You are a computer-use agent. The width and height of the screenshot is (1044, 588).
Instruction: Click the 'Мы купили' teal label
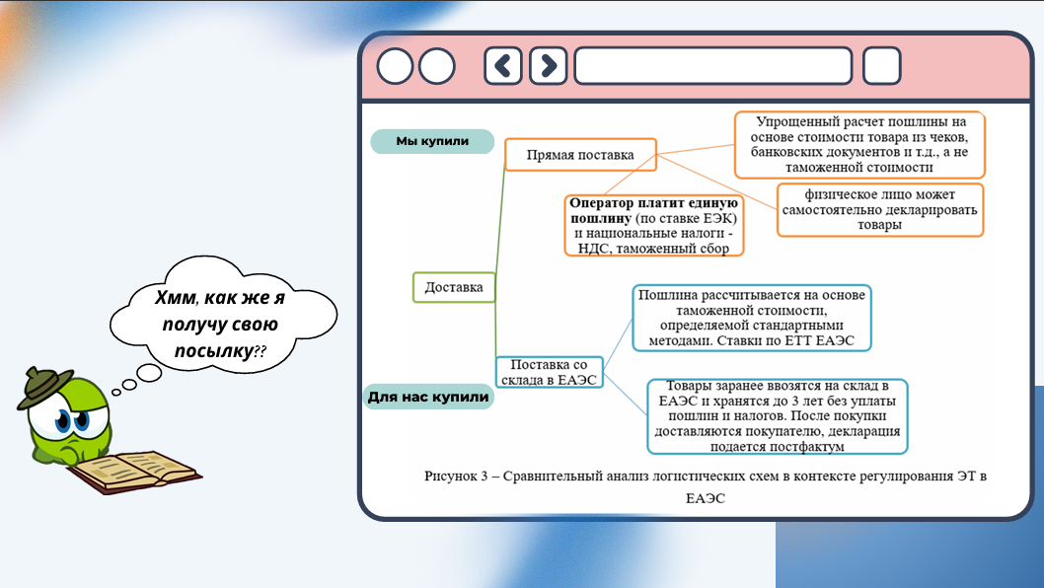click(x=431, y=141)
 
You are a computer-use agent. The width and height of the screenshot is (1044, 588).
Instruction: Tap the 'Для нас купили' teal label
click(x=428, y=398)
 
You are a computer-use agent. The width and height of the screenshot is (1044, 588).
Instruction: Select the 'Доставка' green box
click(x=454, y=287)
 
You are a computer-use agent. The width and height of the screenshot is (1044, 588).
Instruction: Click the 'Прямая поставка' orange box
click(x=580, y=155)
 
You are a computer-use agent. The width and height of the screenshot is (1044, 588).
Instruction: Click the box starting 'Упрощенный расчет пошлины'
click(x=858, y=144)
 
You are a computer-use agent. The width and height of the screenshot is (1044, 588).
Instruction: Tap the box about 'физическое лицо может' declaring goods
click(x=879, y=209)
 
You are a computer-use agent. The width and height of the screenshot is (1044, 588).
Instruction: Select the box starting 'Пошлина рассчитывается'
click(x=751, y=318)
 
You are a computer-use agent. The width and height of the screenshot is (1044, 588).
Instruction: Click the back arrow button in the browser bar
click(x=503, y=66)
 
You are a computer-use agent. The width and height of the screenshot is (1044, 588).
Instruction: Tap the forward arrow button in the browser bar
click(x=548, y=66)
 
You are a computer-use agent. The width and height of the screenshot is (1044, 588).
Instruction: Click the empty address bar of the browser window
click(x=712, y=66)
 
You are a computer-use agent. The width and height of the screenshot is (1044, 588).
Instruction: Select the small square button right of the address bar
click(x=881, y=66)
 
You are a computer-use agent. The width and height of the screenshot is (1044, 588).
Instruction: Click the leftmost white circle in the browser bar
click(x=395, y=66)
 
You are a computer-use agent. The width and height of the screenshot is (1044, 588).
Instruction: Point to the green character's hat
click(x=43, y=386)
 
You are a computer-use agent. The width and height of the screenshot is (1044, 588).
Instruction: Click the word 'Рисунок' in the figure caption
click(x=452, y=476)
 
